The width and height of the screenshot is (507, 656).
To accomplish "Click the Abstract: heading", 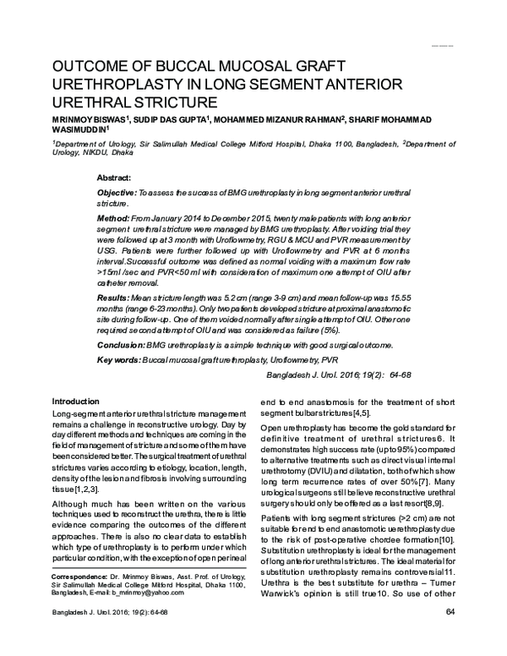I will tap(114, 178).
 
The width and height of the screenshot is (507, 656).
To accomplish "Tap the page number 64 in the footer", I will tap(450, 636).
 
